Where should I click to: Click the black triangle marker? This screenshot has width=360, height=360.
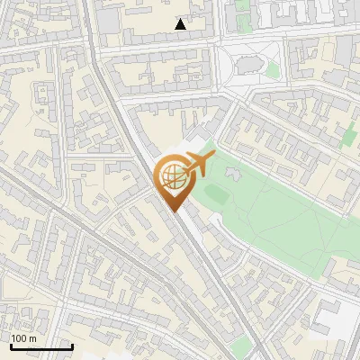point(181,24)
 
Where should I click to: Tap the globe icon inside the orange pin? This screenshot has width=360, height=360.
point(173,176)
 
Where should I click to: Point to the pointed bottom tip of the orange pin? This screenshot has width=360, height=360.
point(173,211)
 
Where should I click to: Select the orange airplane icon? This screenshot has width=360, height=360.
point(197,165)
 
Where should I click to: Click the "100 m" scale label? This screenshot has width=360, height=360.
point(24,338)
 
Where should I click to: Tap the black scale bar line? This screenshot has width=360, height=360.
point(41,346)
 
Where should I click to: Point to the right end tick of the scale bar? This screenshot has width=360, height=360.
point(72,346)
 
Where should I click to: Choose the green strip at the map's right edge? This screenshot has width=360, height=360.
point(350,135)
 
